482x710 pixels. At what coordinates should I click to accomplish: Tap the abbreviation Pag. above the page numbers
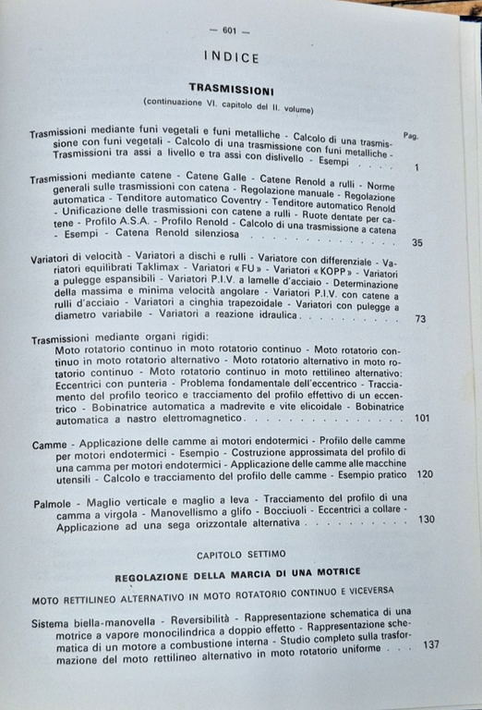click(411, 135)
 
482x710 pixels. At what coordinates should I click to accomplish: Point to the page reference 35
click(416, 243)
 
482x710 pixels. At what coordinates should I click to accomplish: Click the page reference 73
click(420, 318)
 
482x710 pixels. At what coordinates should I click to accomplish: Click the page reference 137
click(430, 644)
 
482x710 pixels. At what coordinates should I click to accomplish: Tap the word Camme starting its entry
click(49, 446)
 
